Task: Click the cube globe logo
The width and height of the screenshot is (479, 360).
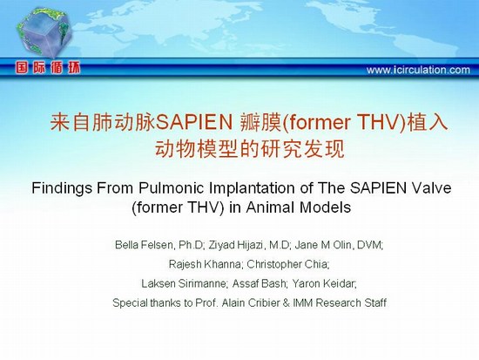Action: click(44, 33)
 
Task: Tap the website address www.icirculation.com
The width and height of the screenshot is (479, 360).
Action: click(418, 70)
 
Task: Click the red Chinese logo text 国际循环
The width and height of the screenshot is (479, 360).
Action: click(48, 68)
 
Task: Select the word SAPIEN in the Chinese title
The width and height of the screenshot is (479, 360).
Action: click(194, 122)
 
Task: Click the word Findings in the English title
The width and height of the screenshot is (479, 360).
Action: click(62, 188)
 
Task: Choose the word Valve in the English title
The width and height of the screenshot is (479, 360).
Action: click(431, 187)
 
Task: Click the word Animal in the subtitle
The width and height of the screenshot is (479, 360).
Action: click(271, 207)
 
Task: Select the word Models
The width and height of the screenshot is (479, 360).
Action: click(326, 207)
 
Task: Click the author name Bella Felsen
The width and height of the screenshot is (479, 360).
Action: click(145, 245)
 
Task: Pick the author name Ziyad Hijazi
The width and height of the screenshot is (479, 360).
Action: click(235, 245)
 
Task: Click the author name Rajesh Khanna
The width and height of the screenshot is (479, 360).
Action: click(205, 264)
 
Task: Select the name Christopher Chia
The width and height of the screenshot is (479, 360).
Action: click(287, 264)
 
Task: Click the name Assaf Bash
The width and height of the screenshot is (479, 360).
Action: click(259, 283)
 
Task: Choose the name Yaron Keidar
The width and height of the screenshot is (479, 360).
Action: click(323, 283)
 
